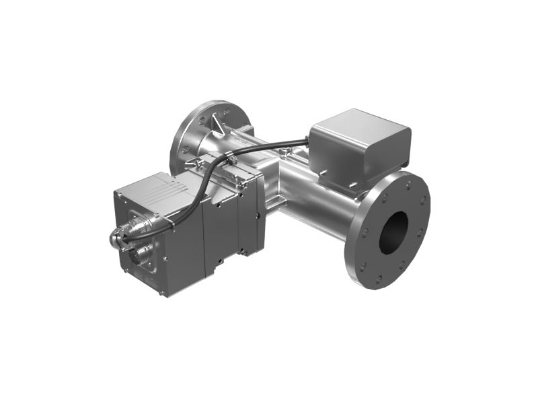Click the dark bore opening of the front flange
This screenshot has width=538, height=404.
coord(393,232)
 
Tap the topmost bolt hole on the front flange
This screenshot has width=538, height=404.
coord(408,182)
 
